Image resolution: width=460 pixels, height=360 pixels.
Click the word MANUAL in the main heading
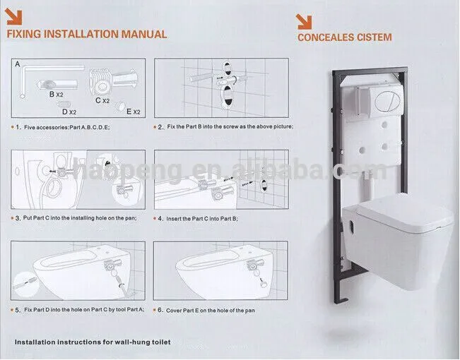tap(144, 34)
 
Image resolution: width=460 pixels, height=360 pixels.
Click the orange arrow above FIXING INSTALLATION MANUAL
tap(14, 16)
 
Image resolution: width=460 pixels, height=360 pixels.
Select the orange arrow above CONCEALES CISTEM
tap(304, 22)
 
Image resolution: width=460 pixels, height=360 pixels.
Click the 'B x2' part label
tap(56, 94)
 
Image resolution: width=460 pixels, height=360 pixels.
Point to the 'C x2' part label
tap(102, 100)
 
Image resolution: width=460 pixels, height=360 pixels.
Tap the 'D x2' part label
tap(69, 112)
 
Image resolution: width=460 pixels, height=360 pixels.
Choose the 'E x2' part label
tap(134, 112)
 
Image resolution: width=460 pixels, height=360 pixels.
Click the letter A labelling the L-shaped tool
tap(18, 64)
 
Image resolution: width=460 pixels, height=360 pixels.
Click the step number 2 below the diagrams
tap(160, 127)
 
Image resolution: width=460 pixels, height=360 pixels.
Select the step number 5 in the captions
tap(17, 310)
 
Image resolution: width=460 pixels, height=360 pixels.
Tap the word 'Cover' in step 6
tap(174, 311)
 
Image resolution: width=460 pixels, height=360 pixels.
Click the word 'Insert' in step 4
tap(174, 219)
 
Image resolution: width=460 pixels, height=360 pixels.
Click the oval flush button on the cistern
tap(386, 101)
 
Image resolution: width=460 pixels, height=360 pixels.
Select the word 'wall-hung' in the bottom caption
tap(133, 342)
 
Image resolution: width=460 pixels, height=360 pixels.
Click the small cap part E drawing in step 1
tap(120, 106)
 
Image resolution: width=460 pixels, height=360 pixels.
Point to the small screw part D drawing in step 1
tap(64, 104)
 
